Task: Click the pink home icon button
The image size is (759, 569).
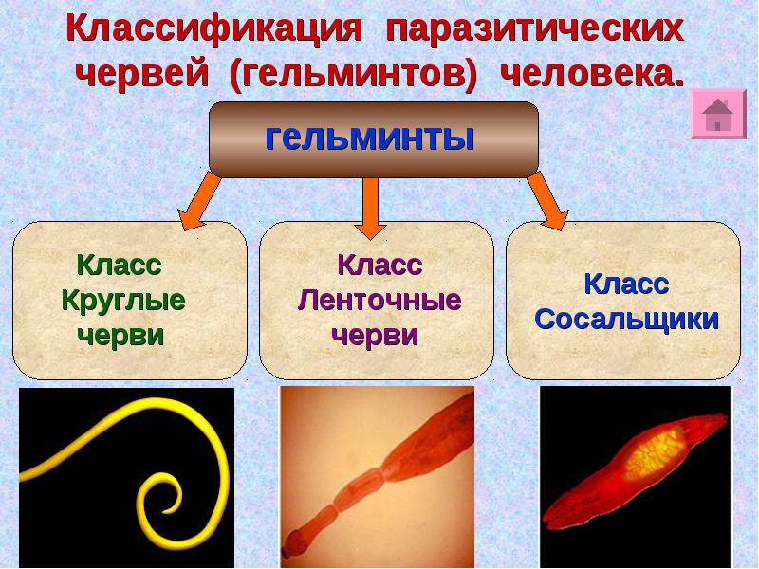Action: coord(718,115)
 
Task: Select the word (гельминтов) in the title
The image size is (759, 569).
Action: coord(352,75)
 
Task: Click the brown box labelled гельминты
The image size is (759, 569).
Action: coord(373,139)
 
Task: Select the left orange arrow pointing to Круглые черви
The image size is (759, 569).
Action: coord(199,202)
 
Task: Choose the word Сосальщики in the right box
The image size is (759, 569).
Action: coord(626,318)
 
